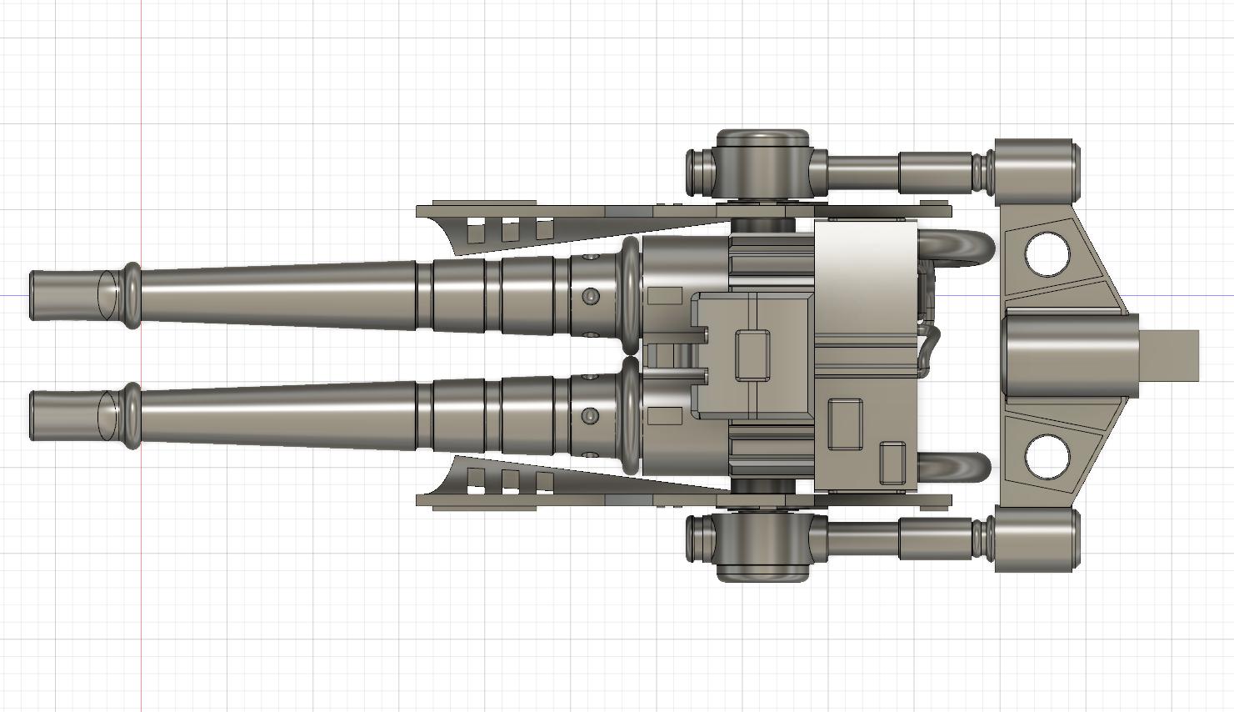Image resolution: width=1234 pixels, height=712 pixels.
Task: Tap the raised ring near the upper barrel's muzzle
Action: (x=132, y=295)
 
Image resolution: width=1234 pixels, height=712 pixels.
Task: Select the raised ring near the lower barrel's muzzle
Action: (x=132, y=416)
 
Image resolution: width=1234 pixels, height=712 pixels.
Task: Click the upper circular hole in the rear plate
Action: (x=1047, y=255)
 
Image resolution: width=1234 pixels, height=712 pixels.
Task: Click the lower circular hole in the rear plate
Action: (x=1047, y=456)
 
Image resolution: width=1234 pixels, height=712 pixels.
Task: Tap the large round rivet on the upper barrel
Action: (x=590, y=296)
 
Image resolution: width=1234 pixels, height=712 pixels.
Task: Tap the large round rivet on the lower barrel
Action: (x=590, y=415)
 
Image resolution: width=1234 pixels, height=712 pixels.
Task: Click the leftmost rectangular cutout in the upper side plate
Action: (x=476, y=232)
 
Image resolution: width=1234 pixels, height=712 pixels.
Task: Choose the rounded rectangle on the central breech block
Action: (x=752, y=355)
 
